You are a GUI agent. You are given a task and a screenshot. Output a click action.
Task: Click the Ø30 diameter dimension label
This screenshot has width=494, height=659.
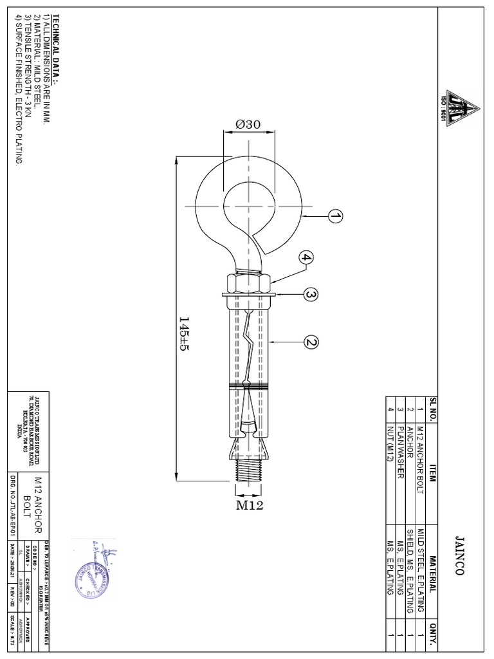tap(248, 125)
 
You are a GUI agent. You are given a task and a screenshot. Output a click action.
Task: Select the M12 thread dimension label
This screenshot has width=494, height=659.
tap(250, 505)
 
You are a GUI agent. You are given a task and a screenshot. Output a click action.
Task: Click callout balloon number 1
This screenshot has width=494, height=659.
tap(335, 217)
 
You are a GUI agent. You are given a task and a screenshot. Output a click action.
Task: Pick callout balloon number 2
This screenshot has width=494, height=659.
tap(311, 342)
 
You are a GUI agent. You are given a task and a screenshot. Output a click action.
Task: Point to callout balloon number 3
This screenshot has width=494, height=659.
tap(311, 295)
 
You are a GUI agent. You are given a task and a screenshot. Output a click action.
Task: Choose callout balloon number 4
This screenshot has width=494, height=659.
tap(306, 258)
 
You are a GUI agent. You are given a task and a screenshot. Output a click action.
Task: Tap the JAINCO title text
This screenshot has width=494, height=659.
tap(459, 550)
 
